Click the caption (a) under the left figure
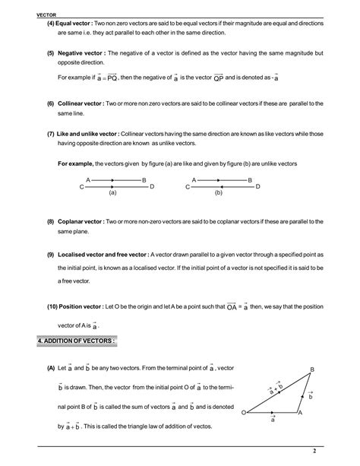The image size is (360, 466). pyautogui.click(x=112, y=193)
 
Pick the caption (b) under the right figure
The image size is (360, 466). pyautogui.click(x=218, y=193)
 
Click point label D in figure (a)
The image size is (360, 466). pyautogui.click(x=152, y=186)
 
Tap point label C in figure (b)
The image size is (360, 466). pyautogui.click(x=187, y=186)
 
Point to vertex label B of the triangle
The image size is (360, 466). pyautogui.click(x=311, y=369)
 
